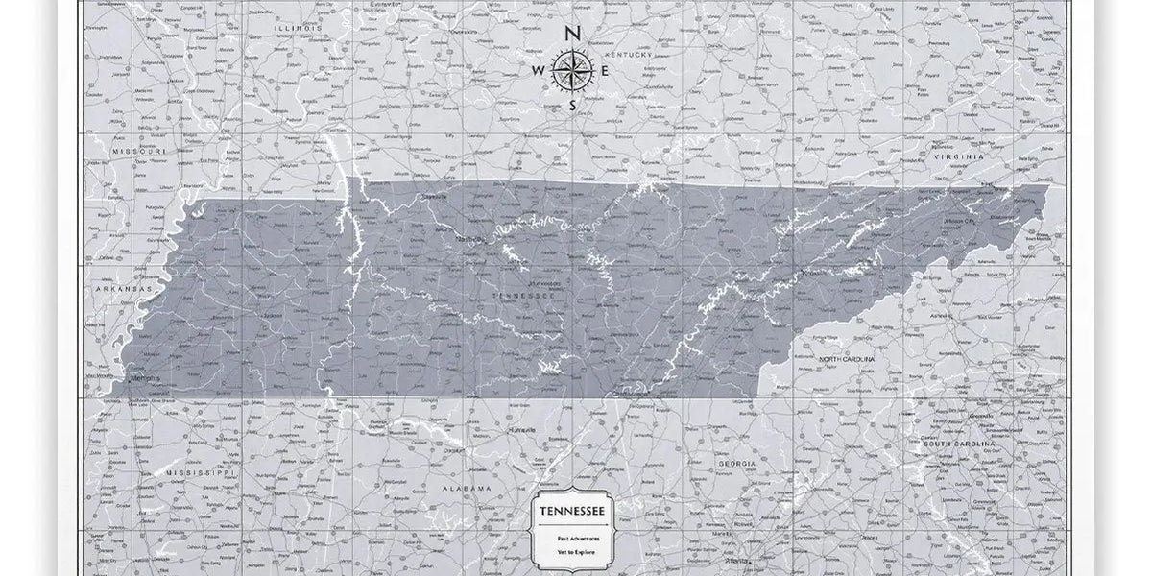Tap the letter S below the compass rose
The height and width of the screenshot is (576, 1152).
572,105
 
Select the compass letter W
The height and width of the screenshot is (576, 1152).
539,70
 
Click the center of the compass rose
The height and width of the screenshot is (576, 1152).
572,70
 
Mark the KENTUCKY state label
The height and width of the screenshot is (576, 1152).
634,56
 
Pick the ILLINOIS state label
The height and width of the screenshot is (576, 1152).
295,29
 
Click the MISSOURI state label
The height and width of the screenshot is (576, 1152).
139,152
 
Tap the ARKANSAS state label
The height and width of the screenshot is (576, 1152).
123,288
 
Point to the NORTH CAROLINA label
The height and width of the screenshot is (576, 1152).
846,358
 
